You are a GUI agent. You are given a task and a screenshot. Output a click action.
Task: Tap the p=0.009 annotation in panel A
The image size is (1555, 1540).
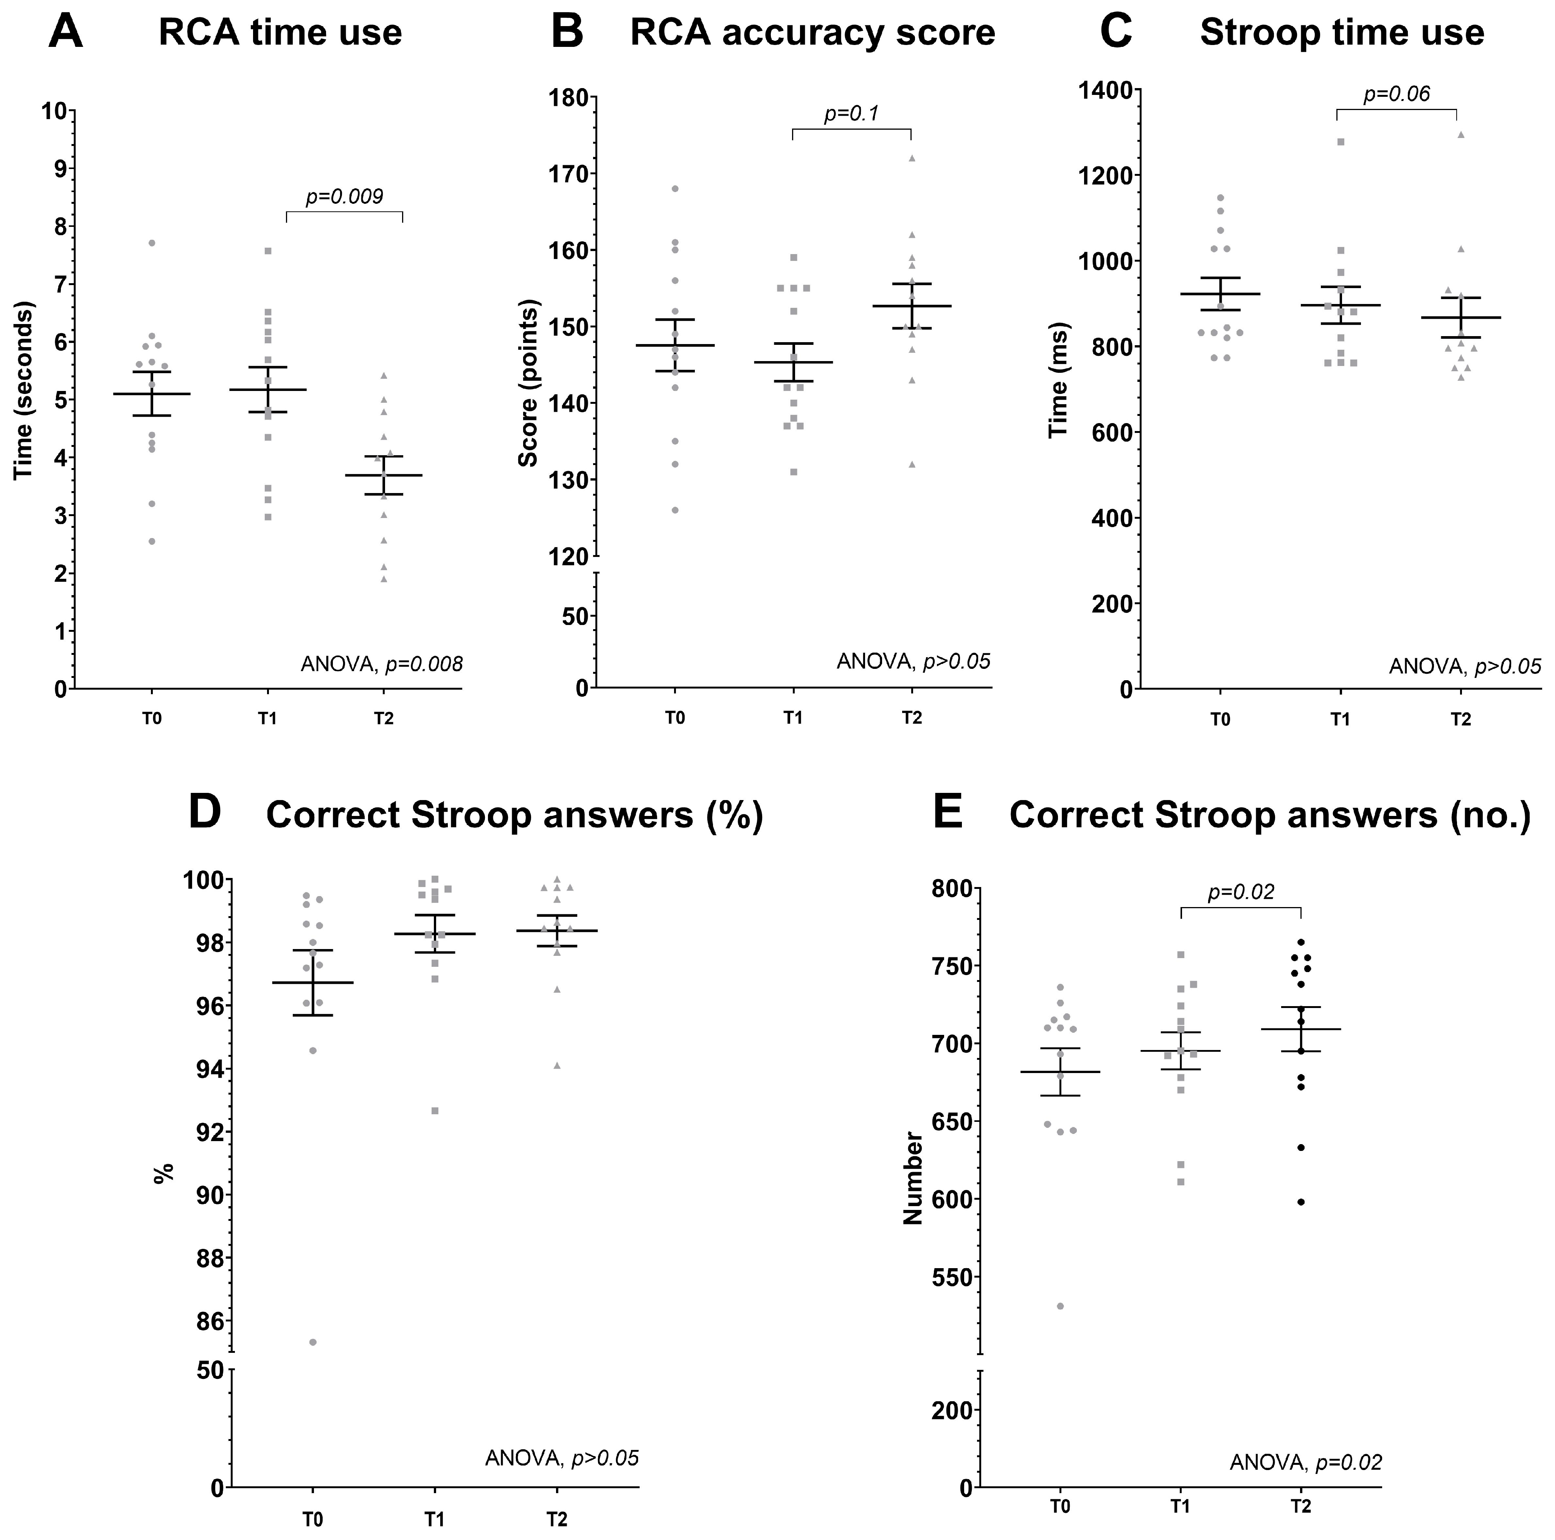pos(345,196)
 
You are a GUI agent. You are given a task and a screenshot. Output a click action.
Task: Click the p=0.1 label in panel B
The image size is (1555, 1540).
pos(851,113)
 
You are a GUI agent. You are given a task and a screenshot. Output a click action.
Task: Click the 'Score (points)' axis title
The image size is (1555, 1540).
pos(528,383)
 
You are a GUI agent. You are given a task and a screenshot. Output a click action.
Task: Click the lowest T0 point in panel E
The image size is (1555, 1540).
pos(1061,1306)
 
